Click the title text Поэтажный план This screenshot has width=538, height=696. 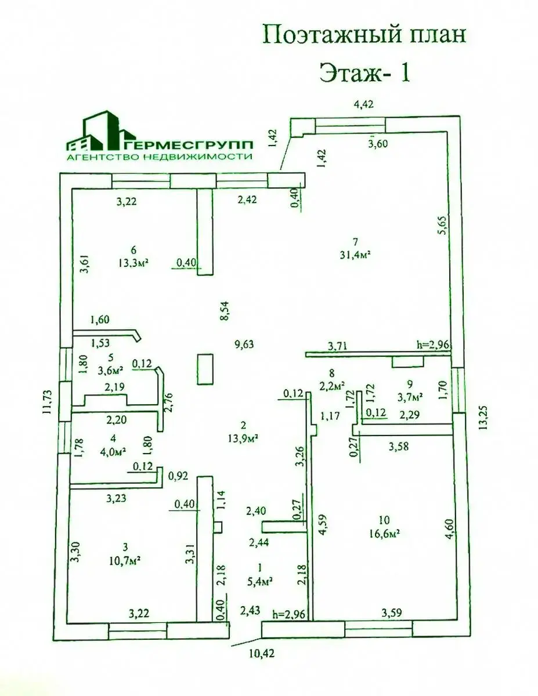364,35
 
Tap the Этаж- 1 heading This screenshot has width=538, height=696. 364,72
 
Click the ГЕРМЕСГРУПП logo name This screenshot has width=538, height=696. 187,145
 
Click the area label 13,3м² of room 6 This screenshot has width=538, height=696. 133,263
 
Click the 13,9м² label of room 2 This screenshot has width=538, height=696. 244,437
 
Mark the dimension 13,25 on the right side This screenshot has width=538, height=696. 483,418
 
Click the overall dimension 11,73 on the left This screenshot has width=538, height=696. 48,402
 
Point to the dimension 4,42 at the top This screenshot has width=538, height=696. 363,104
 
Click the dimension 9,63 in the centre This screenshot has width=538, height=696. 244,345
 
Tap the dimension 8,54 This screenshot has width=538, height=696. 225,310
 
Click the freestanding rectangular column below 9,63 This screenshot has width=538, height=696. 205,369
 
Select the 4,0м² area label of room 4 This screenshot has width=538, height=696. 113,451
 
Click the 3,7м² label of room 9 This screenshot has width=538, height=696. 410,397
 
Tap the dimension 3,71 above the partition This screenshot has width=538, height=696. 337,346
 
